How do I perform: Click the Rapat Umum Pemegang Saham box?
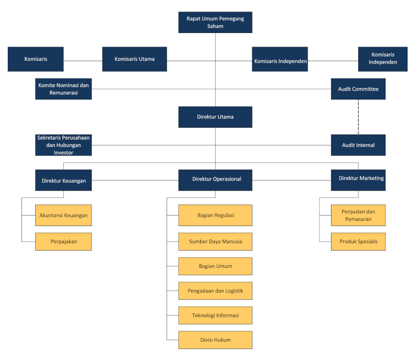tap(215, 22)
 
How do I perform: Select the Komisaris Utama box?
tap(135, 59)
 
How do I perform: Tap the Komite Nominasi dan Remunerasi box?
tap(63, 89)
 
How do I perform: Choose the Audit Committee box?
tap(358, 89)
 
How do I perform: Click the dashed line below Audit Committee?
tap(358, 117)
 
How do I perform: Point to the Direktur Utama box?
tap(215, 117)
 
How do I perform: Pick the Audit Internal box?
tap(358, 145)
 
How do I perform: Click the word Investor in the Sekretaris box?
tap(63, 152)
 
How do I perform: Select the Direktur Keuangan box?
tap(63, 181)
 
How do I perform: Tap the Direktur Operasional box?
tap(215, 181)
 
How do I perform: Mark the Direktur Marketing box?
tap(358, 181)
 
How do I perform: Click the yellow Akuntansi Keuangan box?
tap(63, 215)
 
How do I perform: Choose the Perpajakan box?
tap(63, 241)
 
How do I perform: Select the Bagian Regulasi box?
tap(215, 215)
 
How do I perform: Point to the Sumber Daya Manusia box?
tap(215, 241)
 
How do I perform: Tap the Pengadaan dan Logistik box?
tap(215, 291)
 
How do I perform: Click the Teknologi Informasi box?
tap(215, 316)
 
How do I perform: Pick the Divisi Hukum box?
tap(215, 340)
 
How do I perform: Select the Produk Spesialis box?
tap(358, 241)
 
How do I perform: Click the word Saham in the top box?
tap(215, 26)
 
